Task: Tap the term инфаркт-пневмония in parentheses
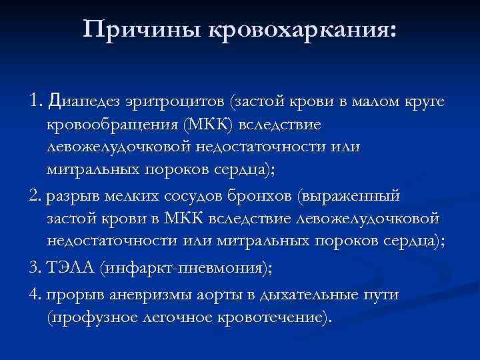pos(182,268)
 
